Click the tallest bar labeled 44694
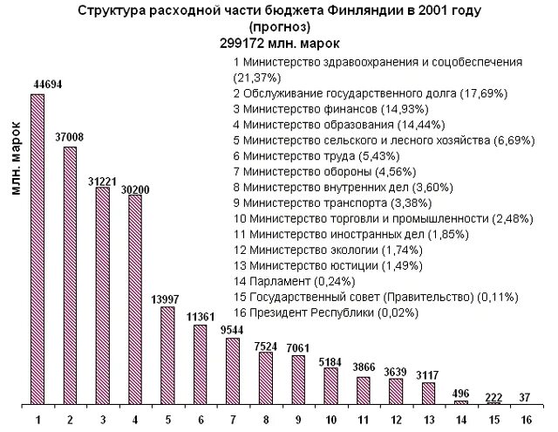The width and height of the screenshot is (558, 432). tap(37, 249)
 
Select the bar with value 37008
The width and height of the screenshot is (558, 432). tap(70, 275)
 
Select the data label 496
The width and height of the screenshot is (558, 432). tap(462, 391)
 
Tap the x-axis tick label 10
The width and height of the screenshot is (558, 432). tap(331, 420)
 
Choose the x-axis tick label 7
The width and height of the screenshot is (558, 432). tap(233, 420)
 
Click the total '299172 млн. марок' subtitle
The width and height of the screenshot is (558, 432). tap(279, 42)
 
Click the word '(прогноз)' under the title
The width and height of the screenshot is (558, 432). tap(279, 27)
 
